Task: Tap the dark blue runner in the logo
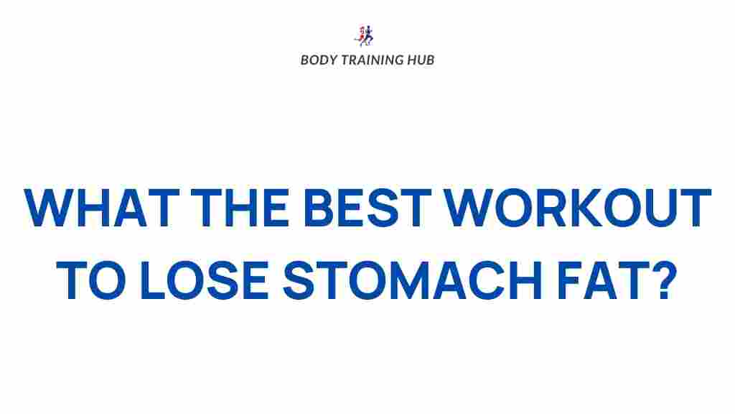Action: [369, 34]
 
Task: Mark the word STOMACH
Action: [418, 281]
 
